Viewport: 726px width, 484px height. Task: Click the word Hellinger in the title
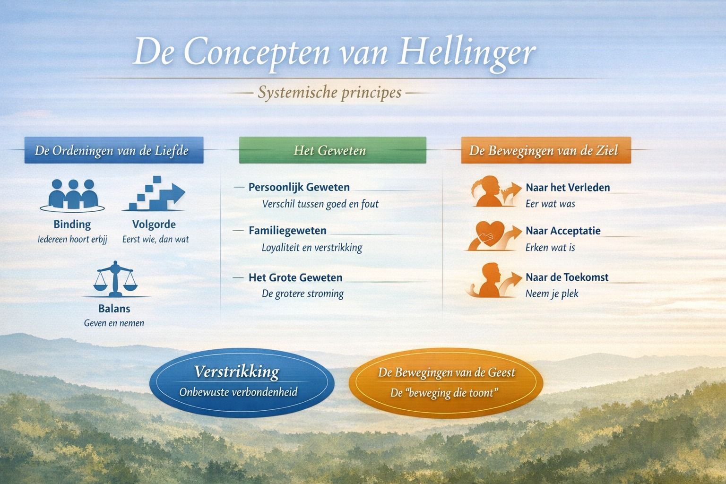coord(467,53)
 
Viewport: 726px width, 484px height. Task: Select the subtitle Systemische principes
coord(329,93)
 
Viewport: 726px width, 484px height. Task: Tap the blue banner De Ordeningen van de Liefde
coord(114,150)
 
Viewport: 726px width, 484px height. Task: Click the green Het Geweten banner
coord(333,150)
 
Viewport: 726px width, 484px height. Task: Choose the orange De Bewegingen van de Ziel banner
coord(546,150)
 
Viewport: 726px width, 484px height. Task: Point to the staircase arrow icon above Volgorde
coord(154,193)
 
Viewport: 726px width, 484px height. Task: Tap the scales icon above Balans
coord(115,279)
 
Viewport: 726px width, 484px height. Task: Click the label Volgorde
coord(154,225)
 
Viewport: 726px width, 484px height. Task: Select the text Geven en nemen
coord(114,323)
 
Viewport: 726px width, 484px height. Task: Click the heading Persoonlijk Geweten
coord(299,187)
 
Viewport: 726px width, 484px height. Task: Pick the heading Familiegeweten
coord(287,231)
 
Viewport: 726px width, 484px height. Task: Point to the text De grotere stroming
coord(302,294)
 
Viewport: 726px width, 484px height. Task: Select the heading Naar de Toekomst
coord(567,277)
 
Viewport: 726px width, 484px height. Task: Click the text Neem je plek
coord(552,294)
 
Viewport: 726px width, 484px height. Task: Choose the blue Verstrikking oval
coord(242,383)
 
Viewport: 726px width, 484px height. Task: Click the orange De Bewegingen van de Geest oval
coord(446,383)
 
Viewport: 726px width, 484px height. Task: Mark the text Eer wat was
coord(550,204)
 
